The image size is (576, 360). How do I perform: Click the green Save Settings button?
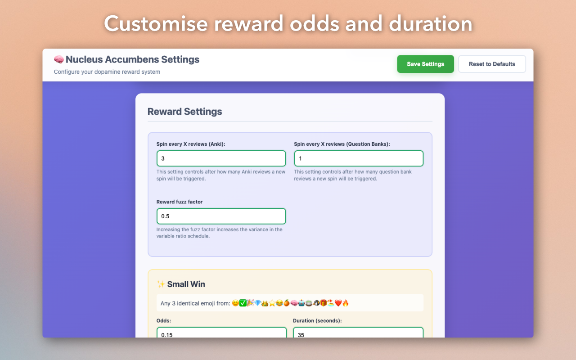coord(425,64)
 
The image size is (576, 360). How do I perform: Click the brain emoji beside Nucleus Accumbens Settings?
coord(58,59)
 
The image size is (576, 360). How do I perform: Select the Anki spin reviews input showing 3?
coord(221,158)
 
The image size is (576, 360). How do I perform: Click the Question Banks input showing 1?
coord(359,158)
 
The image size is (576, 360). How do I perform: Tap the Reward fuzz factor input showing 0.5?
coord(221,216)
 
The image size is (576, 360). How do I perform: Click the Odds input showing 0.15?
coord(221,333)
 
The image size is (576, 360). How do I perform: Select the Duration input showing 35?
coord(358,333)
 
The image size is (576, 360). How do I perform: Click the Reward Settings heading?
coord(184,112)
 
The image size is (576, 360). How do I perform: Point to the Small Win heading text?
coord(186,284)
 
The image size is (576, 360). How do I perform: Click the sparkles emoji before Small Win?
coord(161,284)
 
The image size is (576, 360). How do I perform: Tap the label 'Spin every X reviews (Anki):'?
coord(191,144)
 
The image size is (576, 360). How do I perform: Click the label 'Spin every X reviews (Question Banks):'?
coord(342,144)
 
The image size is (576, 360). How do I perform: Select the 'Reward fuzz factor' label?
coord(180,202)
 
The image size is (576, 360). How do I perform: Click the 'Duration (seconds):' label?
coord(317,321)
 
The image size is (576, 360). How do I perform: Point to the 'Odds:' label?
coord(164,321)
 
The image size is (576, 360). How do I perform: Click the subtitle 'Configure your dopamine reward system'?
coord(107,72)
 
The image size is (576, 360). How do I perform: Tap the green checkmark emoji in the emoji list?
coord(243,303)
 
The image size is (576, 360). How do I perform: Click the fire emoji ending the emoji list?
coord(346,303)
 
